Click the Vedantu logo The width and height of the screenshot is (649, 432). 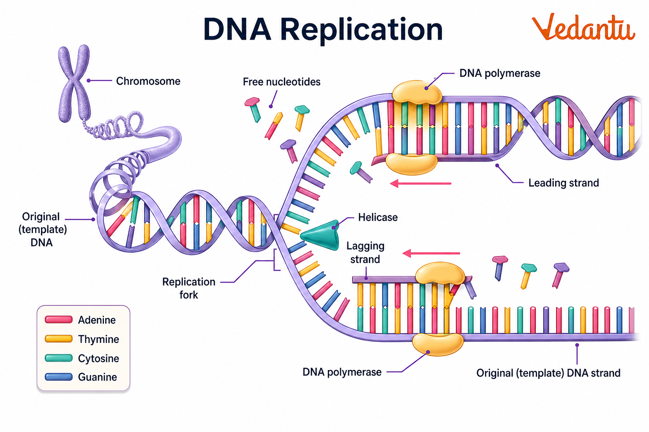pos(583,27)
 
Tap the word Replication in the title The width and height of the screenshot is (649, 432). pos(361,30)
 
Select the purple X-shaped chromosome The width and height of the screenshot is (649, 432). pos(74,82)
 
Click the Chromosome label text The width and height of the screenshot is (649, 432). pos(148,81)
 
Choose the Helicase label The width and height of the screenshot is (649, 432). pos(378,217)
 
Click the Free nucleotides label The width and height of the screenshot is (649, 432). pos(281,81)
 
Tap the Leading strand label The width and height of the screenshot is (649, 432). pos(564,183)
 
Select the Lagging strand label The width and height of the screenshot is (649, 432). pos(365,252)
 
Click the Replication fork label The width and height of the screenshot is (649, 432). pos(189,288)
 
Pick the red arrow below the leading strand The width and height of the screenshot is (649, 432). pos(420,184)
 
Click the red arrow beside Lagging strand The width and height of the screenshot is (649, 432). pos(431,253)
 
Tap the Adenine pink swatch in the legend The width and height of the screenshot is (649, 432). pos(59,319)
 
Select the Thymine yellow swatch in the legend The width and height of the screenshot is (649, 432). pos(59,339)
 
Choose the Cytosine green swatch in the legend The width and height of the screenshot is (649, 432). pos(59,358)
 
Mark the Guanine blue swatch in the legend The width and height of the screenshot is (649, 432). pos(59,377)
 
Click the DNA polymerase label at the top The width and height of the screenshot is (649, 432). pos(499,73)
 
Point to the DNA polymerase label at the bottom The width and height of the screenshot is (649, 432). pos(342,372)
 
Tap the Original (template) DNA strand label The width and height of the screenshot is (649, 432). pos(548,373)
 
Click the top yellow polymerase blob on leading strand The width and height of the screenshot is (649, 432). pos(416,92)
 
